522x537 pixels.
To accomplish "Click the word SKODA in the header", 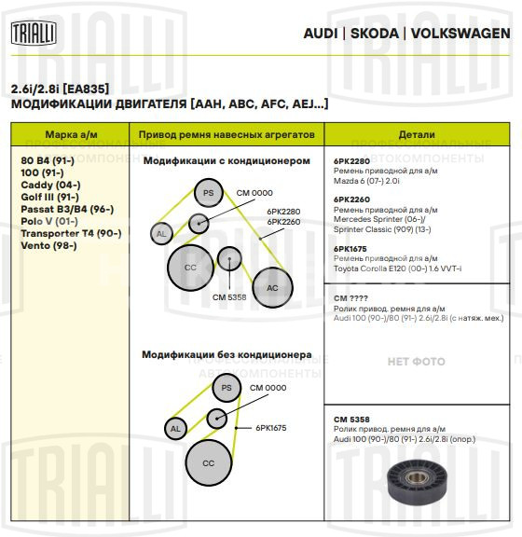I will (374, 34).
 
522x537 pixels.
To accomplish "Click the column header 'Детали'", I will (416, 135).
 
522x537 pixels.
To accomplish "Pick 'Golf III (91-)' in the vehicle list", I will (49, 197).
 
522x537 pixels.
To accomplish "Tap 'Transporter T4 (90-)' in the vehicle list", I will (71, 233).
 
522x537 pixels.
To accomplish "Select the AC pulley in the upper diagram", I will (272, 288).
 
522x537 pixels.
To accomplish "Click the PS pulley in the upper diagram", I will (209, 194).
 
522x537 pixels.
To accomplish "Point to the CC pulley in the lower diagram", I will (209, 463).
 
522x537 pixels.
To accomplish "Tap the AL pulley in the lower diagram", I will (174, 429).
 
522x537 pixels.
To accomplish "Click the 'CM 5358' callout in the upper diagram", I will (228, 296).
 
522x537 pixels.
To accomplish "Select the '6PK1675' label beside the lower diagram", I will (272, 428).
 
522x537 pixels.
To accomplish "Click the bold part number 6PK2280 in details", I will (351, 161).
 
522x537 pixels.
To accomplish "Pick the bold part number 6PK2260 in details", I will (351, 198).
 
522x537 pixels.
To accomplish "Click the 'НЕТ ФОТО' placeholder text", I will (416, 361).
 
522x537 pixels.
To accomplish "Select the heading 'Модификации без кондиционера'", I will (227, 355).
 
